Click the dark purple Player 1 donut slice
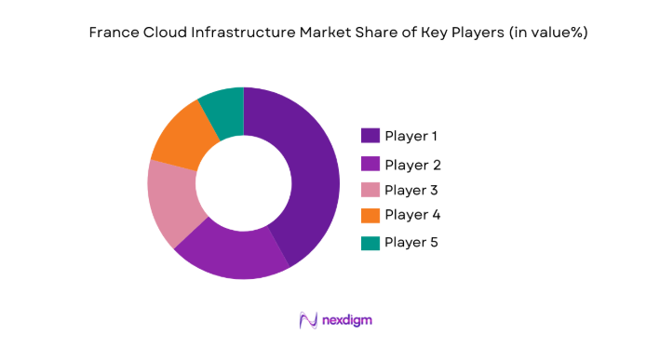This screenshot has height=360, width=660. [x=308, y=167]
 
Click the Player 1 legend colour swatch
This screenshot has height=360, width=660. [x=370, y=136]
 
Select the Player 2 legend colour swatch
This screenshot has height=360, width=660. [x=370, y=165]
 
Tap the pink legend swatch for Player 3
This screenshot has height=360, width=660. [x=370, y=190]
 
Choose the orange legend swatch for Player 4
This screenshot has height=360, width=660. [x=370, y=215]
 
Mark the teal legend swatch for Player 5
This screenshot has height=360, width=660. [x=370, y=242]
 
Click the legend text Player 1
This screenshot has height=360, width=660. [x=411, y=136]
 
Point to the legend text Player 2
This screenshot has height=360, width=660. [x=411, y=165]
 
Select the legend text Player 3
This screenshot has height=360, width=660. [x=411, y=190]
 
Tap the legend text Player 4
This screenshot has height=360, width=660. [x=411, y=215]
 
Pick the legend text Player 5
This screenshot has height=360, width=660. [x=411, y=242]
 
